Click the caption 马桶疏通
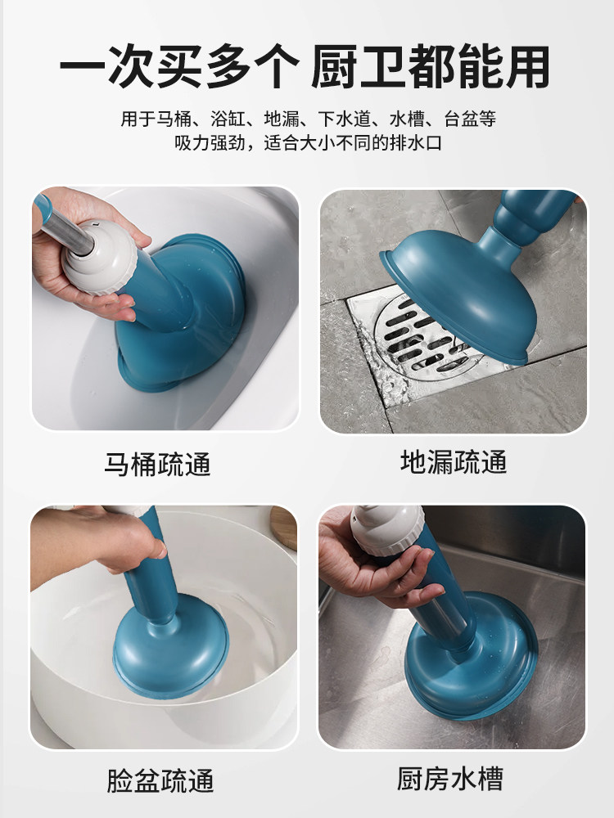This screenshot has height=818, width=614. (x=157, y=464)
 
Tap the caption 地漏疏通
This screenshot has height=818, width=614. (x=454, y=461)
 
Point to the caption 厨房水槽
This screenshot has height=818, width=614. (x=450, y=779)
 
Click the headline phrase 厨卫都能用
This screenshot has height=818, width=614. (x=431, y=67)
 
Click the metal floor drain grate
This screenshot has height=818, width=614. (x=424, y=339)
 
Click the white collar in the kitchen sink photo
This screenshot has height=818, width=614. (x=387, y=529)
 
